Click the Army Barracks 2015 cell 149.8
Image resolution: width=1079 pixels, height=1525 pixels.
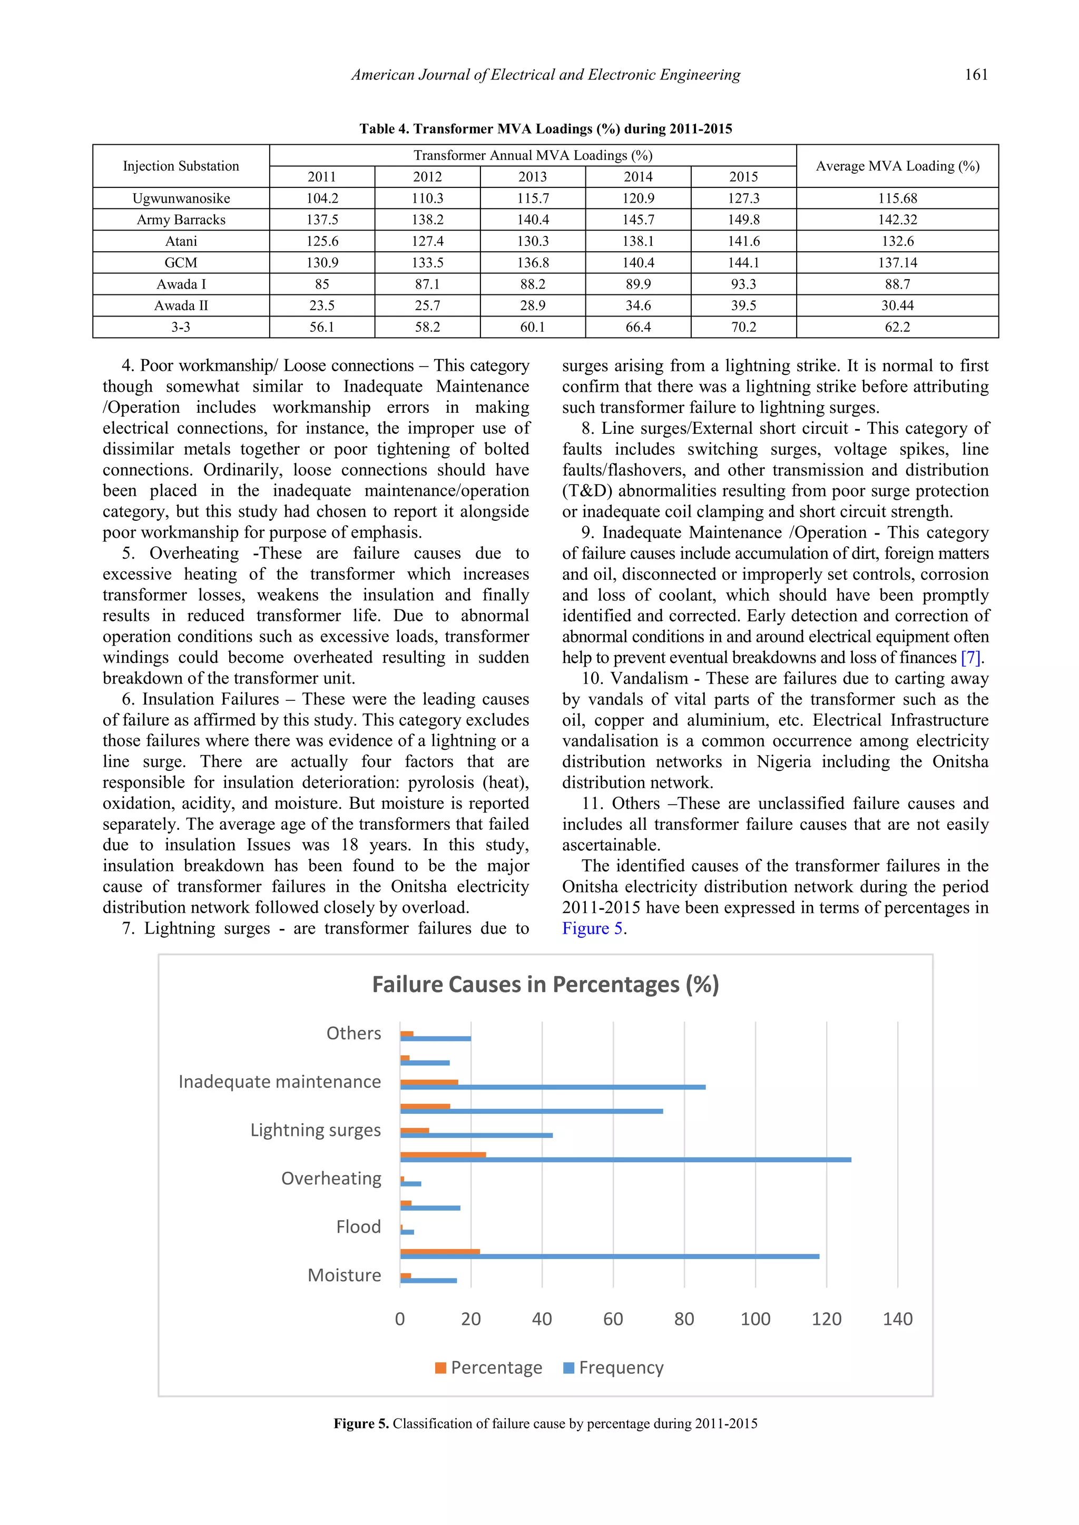click(743, 220)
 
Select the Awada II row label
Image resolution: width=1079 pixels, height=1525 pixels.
click(181, 305)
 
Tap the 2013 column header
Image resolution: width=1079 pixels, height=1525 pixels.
click(532, 177)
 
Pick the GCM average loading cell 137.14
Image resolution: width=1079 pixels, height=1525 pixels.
click(897, 263)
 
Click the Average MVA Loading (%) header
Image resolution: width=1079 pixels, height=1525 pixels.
click(897, 166)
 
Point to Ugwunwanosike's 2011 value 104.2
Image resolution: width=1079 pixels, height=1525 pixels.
click(321, 199)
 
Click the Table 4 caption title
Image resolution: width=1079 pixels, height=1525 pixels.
click(545, 129)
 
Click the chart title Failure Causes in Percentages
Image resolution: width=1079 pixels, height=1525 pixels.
click(545, 984)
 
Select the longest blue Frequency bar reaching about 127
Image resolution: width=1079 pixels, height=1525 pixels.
click(624, 1160)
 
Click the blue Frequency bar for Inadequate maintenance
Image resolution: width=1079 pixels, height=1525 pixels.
click(552, 1087)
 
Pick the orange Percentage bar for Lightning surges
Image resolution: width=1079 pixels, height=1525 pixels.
click(415, 1130)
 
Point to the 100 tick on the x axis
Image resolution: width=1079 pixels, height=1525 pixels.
click(756, 1319)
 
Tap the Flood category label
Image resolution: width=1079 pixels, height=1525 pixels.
click(358, 1227)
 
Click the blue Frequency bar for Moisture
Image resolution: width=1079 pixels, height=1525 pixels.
click(428, 1281)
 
